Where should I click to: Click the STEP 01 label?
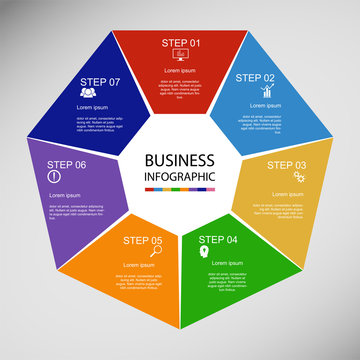tap(181, 43)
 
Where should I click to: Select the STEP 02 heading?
tap(255, 77)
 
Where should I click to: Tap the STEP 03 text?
tap(287, 165)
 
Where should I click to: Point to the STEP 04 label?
tap(219, 240)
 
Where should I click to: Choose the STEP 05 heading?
tap(143, 240)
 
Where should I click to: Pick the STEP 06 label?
tap(67, 165)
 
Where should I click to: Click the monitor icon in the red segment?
tap(181, 57)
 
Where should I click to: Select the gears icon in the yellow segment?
tap(298, 178)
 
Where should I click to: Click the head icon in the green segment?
tap(203, 253)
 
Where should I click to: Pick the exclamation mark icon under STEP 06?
tap(54, 178)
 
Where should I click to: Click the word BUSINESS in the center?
tap(180, 160)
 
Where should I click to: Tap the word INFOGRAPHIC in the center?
tap(180, 177)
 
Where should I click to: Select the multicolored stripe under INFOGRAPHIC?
tap(180, 189)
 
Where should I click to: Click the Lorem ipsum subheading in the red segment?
tap(180, 71)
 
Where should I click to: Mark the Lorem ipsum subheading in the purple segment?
tap(66, 194)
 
